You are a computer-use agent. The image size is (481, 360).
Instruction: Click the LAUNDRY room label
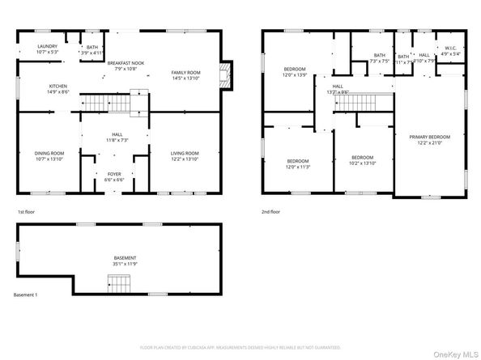pos(48,47)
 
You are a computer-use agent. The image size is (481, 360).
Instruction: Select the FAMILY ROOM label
pos(185,73)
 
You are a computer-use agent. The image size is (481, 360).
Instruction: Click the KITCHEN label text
pos(58,86)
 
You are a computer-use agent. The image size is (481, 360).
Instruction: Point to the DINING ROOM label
pos(49,153)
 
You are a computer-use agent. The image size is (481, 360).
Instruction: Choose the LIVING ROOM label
pos(184,153)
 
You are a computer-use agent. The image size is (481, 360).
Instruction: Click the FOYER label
pos(115,174)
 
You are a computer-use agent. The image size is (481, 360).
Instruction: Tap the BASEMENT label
pos(124,259)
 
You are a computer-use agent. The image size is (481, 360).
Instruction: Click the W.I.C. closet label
pos(451,48)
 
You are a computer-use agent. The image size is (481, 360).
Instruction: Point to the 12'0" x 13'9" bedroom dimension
pos(294,74)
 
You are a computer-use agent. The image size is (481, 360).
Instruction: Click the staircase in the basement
pos(119,283)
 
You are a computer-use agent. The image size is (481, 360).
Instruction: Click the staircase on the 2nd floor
pos(375,101)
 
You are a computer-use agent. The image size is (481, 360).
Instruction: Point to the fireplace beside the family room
pos(229,74)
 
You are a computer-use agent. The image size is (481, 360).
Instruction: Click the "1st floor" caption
pos(27,211)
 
